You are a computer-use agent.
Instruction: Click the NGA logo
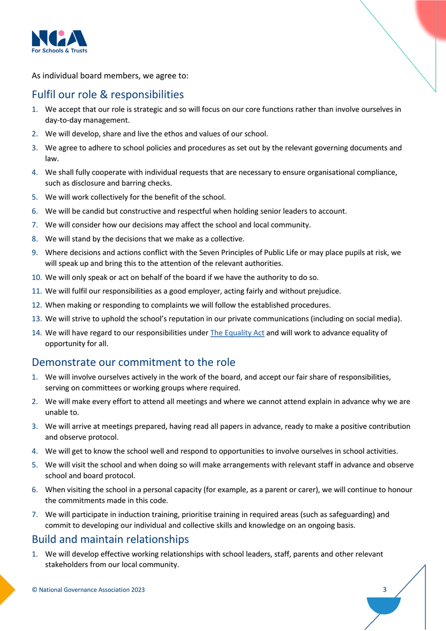59,39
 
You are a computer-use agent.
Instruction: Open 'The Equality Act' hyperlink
237,333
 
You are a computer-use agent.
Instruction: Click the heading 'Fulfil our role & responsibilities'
108,95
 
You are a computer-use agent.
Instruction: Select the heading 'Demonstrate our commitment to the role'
133,362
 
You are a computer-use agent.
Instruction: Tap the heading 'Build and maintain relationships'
110,539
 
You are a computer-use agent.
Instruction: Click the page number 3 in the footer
385,589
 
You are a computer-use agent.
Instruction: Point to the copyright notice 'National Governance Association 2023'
92,590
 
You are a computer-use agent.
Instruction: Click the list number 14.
37,333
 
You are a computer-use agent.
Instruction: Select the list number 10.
37,278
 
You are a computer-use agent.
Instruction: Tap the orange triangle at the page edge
6,590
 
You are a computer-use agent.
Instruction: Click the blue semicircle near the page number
384,605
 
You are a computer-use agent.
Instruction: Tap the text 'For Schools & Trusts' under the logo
59,51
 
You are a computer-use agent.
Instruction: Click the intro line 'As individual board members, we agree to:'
110,76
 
